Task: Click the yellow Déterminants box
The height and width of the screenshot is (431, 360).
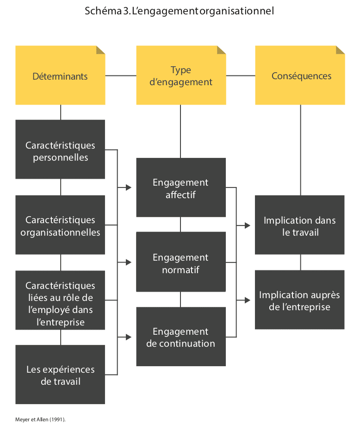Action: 60,75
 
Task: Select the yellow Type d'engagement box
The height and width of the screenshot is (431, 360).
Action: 181,75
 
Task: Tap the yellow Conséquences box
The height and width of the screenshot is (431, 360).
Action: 300,75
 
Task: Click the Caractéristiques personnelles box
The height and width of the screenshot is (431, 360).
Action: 60,150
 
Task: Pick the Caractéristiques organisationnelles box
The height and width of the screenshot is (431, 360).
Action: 60,225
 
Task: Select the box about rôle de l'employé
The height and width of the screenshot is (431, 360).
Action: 60,300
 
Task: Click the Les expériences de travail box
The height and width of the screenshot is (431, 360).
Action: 60,375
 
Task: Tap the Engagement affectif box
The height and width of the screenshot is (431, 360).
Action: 181,187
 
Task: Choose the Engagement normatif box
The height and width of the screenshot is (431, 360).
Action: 181,262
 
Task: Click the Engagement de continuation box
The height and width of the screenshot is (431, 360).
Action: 181,337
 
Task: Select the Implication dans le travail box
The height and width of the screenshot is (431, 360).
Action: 300,225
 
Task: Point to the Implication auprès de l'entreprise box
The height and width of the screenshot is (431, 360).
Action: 300,300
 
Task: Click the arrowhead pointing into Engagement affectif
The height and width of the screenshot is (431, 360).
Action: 129,187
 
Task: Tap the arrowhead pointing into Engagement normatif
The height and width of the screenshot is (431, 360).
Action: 129,262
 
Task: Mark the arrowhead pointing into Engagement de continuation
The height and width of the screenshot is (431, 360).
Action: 129,337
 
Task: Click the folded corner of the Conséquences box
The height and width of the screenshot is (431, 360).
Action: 341,50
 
